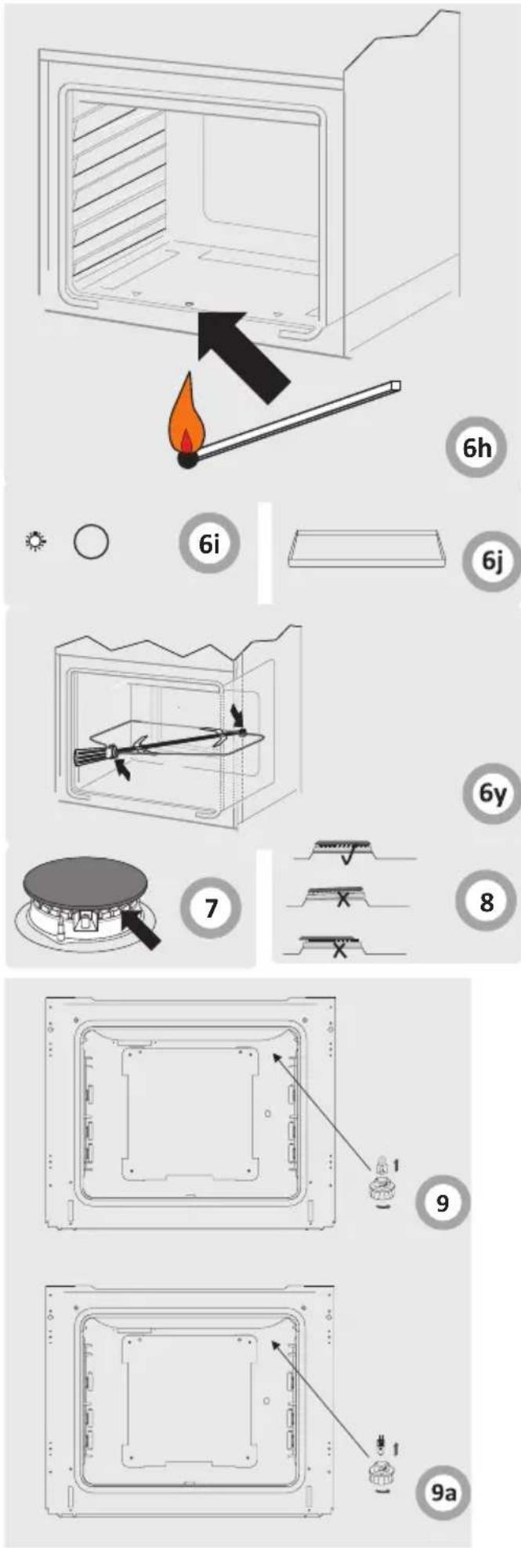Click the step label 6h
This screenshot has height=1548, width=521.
[476, 448]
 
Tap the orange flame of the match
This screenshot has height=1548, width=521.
[186, 419]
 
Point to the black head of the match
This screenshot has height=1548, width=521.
[186, 462]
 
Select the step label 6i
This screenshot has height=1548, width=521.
[208, 543]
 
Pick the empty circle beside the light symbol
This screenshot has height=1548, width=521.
[91, 541]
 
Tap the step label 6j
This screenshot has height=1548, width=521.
[492, 560]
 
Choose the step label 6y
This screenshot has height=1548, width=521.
[492, 793]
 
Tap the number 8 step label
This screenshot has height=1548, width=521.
[487, 901]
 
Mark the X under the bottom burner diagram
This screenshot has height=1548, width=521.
[339, 950]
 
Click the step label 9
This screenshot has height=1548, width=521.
[443, 1202]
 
